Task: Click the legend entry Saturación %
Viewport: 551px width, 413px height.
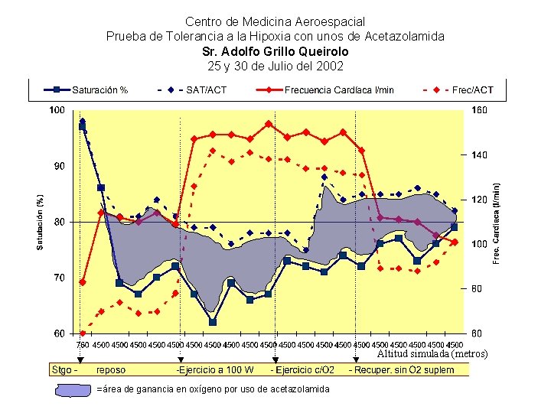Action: [x=99, y=89]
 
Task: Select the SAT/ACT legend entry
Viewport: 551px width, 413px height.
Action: [x=206, y=89]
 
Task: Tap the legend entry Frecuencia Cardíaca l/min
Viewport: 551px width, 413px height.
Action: [x=339, y=89]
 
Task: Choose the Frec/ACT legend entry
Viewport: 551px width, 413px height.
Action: [x=473, y=89]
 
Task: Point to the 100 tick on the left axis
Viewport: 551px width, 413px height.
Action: [x=57, y=110]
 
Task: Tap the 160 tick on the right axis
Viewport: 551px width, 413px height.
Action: [x=479, y=110]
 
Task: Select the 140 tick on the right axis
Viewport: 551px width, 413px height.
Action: [x=479, y=155]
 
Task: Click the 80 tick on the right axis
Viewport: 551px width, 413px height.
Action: [x=477, y=289]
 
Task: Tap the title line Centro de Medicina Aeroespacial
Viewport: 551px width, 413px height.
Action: [x=275, y=22]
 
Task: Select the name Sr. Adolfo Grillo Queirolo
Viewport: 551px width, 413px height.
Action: [x=275, y=51]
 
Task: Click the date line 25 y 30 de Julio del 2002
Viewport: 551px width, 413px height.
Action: [x=275, y=66]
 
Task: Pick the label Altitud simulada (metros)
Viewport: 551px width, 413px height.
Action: [x=432, y=353]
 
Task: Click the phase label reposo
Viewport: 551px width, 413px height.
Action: [x=112, y=370]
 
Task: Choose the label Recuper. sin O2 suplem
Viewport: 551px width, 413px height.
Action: [x=401, y=370]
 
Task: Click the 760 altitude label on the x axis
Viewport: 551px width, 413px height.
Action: [x=83, y=344]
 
